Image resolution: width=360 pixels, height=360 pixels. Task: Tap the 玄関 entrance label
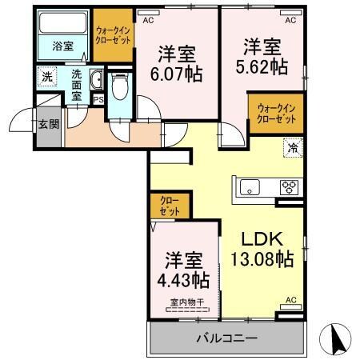(47, 124)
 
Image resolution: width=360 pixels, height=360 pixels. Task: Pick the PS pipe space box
(98, 99)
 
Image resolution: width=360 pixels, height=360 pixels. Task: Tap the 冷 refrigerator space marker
(292, 147)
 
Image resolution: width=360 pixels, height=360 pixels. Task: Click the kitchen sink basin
(249, 189)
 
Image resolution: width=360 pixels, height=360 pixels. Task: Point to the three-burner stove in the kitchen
(288, 189)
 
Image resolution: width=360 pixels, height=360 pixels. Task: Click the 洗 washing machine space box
(48, 78)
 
